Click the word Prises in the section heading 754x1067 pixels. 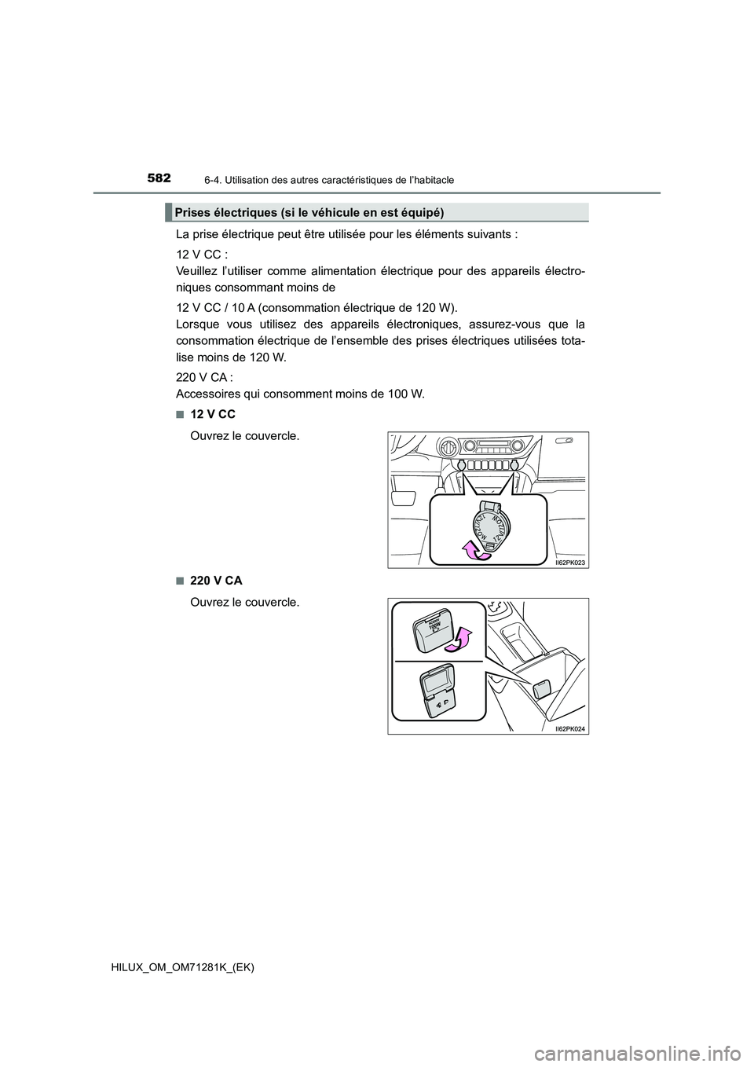[192, 213]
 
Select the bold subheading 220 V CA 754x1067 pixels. [216, 580]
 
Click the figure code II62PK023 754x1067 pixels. [569, 563]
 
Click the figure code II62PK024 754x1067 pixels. [569, 728]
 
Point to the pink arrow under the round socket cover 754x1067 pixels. [474, 552]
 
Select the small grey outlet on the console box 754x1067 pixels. [542, 690]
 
